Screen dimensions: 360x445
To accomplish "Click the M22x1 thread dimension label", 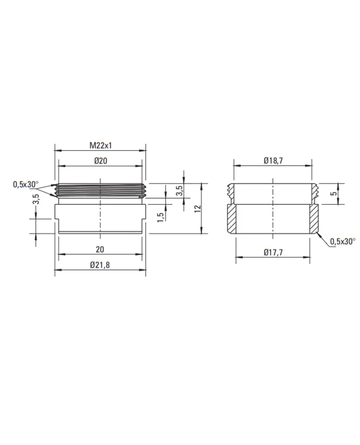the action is tap(101, 146).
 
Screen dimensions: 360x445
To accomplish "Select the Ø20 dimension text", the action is tap(101, 161).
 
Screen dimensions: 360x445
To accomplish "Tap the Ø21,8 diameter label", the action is tap(100, 265).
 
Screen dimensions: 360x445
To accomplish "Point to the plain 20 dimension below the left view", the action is tap(100, 250).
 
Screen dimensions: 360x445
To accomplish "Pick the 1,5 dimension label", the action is tap(161, 217).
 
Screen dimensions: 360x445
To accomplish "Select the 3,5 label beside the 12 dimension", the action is tap(179, 190).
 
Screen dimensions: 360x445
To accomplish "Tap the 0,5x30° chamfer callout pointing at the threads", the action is tap(25, 184).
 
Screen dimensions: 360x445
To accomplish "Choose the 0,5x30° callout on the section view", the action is tap(342, 242).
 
